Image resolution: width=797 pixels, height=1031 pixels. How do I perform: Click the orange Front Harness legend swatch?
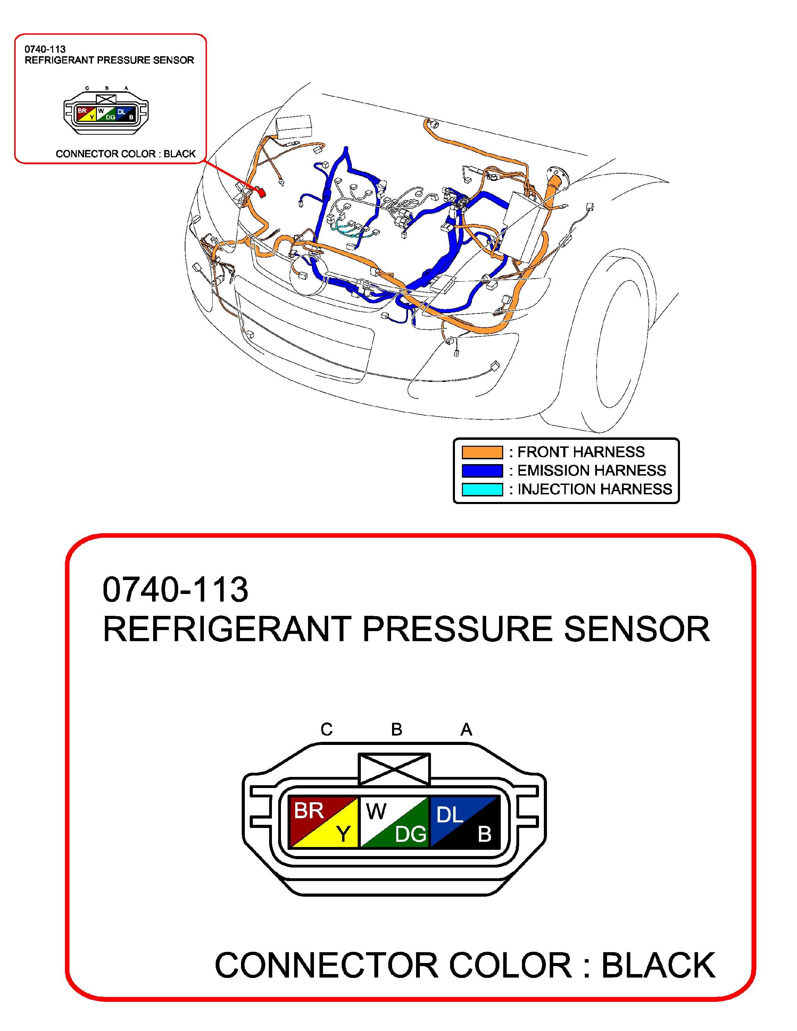click(x=482, y=452)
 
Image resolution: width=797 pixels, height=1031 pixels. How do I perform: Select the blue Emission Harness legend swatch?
click(x=482, y=471)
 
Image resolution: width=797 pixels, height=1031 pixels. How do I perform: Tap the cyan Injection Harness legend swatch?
click(x=482, y=489)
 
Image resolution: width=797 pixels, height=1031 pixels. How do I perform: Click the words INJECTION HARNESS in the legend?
click(x=595, y=489)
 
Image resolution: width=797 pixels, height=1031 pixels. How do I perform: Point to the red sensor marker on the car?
click(x=260, y=192)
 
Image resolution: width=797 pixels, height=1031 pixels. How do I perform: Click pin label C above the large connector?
click(x=326, y=729)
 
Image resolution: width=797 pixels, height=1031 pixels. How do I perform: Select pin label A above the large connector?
click(x=466, y=729)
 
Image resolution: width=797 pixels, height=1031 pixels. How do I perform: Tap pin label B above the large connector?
click(x=396, y=729)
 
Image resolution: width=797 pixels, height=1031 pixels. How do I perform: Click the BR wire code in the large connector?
click(x=309, y=811)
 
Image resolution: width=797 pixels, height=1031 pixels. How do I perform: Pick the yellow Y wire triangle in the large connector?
click(x=342, y=834)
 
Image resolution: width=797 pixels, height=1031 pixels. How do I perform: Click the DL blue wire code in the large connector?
click(x=449, y=814)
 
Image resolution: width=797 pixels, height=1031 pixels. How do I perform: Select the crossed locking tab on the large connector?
click(x=394, y=769)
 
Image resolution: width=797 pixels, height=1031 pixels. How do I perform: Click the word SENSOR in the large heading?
click(x=637, y=629)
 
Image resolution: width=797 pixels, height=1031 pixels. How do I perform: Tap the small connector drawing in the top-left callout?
click(x=106, y=114)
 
